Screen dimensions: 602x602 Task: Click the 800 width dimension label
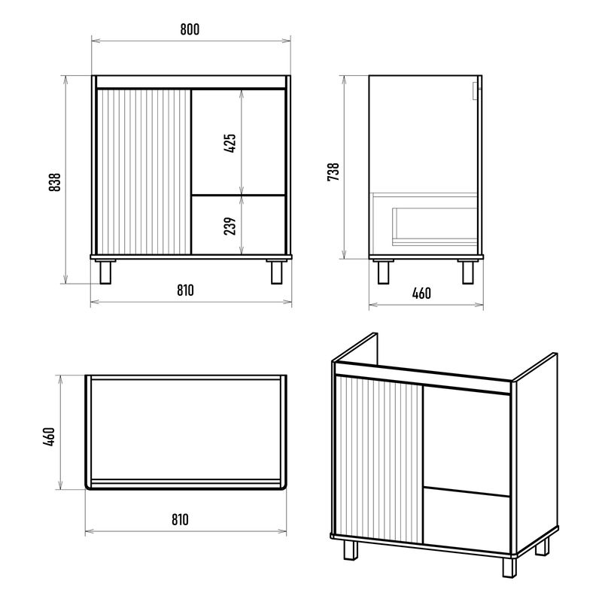pyautogui.click(x=190, y=29)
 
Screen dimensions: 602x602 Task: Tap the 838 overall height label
pyautogui.click(x=55, y=182)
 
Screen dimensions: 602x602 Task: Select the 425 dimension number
pyautogui.click(x=230, y=143)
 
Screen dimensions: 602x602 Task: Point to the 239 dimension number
pyautogui.click(x=230, y=227)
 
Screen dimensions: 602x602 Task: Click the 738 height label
pyautogui.click(x=333, y=172)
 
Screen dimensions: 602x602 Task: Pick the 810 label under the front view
pyautogui.click(x=185, y=290)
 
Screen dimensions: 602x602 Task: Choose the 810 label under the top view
pyautogui.click(x=180, y=519)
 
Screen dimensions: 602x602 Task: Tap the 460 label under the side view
pyautogui.click(x=421, y=293)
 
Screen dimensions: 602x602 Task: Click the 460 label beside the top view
pyautogui.click(x=50, y=436)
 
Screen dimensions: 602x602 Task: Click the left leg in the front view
pyautogui.click(x=105, y=272)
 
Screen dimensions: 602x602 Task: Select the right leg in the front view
pyautogui.click(x=276, y=272)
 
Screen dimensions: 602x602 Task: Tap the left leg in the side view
pyautogui.click(x=383, y=272)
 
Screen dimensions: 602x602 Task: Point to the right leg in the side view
pyautogui.click(x=467, y=272)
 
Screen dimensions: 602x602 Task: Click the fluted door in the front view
pyautogui.click(x=144, y=172)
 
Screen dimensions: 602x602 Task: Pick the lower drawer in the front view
pyautogui.click(x=239, y=225)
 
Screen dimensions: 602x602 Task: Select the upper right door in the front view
pyautogui.click(x=239, y=141)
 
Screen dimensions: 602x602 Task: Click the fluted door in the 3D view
pyautogui.click(x=379, y=460)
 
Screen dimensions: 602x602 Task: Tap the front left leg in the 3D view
pyautogui.click(x=351, y=549)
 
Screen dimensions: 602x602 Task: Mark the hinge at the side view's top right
pyautogui.click(x=476, y=91)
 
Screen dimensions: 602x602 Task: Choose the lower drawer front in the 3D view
pyautogui.click(x=467, y=521)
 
